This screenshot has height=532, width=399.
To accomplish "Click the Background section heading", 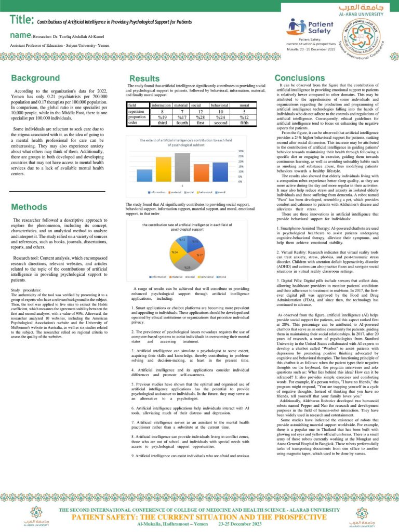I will click(35, 78).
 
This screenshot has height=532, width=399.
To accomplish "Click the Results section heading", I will click(144, 78).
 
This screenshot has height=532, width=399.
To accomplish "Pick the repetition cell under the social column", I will click(199, 111).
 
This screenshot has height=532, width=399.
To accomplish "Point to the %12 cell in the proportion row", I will click(244, 117).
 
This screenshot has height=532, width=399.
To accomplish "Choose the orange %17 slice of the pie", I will click(197, 255).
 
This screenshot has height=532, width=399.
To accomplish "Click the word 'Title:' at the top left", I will click(22, 20).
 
